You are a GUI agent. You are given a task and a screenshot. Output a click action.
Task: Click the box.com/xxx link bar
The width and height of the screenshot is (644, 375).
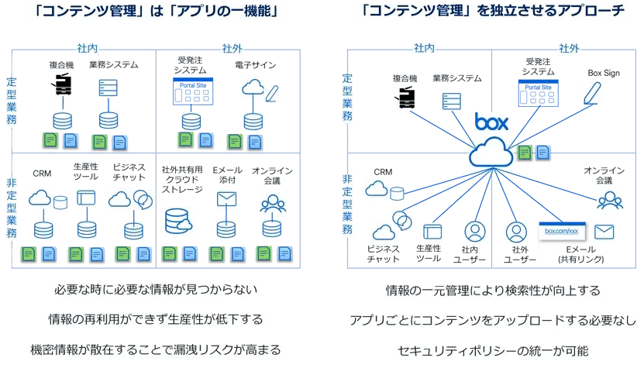coord(562,231)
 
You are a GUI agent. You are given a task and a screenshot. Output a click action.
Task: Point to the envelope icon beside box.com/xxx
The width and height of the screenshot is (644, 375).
coord(604,231)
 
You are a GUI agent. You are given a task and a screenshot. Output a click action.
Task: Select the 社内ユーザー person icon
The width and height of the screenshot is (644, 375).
coord(474,232)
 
